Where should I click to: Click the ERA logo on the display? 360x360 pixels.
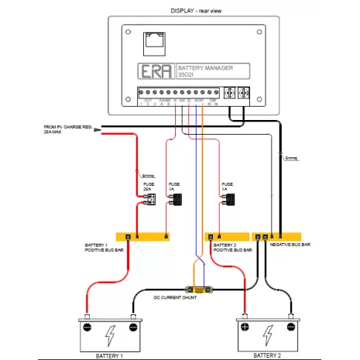click(x=151, y=72)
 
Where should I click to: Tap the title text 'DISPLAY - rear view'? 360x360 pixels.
click(x=180, y=10)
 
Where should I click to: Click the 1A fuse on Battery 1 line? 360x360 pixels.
click(x=177, y=200)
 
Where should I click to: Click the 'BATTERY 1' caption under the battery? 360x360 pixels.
click(x=110, y=355)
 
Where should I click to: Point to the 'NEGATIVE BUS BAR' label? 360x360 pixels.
click(x=289, y=245)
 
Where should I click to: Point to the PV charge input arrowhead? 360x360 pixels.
click(x=98, y=130)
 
